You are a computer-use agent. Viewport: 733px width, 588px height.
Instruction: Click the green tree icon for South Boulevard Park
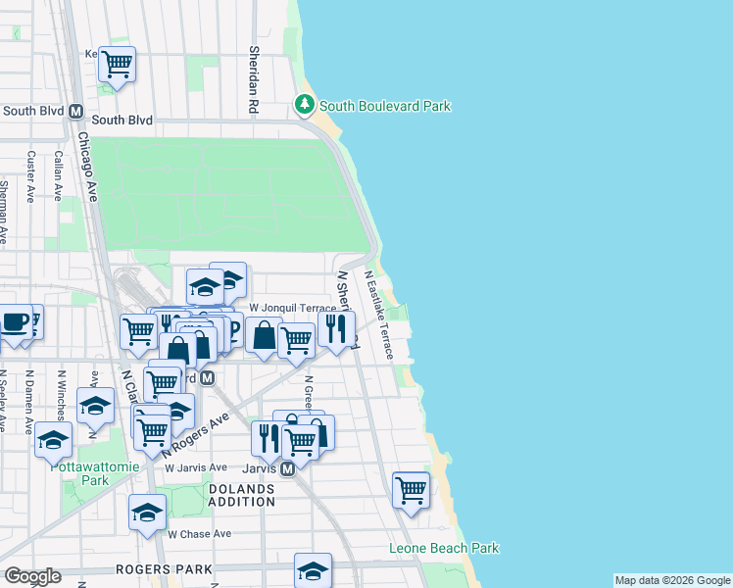305,104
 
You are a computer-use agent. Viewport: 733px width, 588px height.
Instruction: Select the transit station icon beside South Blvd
75,112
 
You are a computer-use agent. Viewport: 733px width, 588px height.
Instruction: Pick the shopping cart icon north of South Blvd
117,65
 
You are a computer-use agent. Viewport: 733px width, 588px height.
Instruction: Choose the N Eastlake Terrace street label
377,315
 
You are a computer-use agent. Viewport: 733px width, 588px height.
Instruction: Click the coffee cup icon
15,321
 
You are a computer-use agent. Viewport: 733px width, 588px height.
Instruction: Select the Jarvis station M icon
287,469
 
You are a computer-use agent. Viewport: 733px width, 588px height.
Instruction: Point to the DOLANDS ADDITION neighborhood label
241,494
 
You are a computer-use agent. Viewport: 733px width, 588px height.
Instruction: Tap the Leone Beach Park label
444,549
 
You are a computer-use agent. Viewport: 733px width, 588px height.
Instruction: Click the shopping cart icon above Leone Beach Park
411,489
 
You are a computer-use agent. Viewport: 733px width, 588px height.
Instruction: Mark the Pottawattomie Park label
80,473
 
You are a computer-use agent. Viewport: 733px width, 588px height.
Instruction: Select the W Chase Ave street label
199,534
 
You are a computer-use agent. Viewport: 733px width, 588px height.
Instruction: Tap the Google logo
33,576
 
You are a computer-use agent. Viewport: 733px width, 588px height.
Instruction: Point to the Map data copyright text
672,580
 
